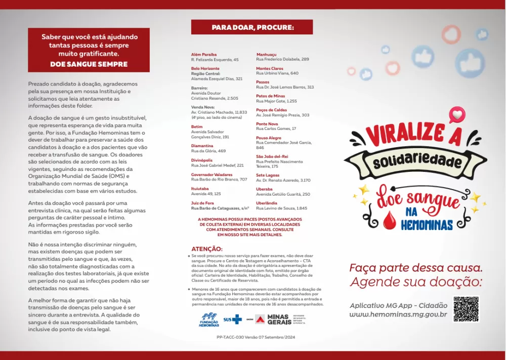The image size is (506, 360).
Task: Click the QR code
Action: pos(466,309)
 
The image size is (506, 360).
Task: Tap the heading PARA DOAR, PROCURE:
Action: pos(252,27)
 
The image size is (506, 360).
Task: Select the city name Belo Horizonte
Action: pos(205,68)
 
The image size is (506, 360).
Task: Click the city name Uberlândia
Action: pos(267,203)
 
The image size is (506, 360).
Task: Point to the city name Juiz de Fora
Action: pos(202,203)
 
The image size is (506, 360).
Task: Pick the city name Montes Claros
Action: pos(270,68)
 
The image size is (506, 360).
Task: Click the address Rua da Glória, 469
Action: pos(208,151)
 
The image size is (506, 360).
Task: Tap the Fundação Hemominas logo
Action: pos(209,320)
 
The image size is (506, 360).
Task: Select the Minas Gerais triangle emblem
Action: pos(260,319)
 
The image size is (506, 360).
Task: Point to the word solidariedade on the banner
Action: pos(417,161)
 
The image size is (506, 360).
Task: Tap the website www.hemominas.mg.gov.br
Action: pos(398,314)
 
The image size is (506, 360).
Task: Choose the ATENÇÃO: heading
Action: pos(207,249)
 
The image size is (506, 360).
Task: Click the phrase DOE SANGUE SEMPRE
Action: pos(89,64)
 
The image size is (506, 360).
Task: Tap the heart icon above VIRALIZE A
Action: pos(457,115)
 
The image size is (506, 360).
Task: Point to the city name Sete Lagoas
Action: pos(268,175)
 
